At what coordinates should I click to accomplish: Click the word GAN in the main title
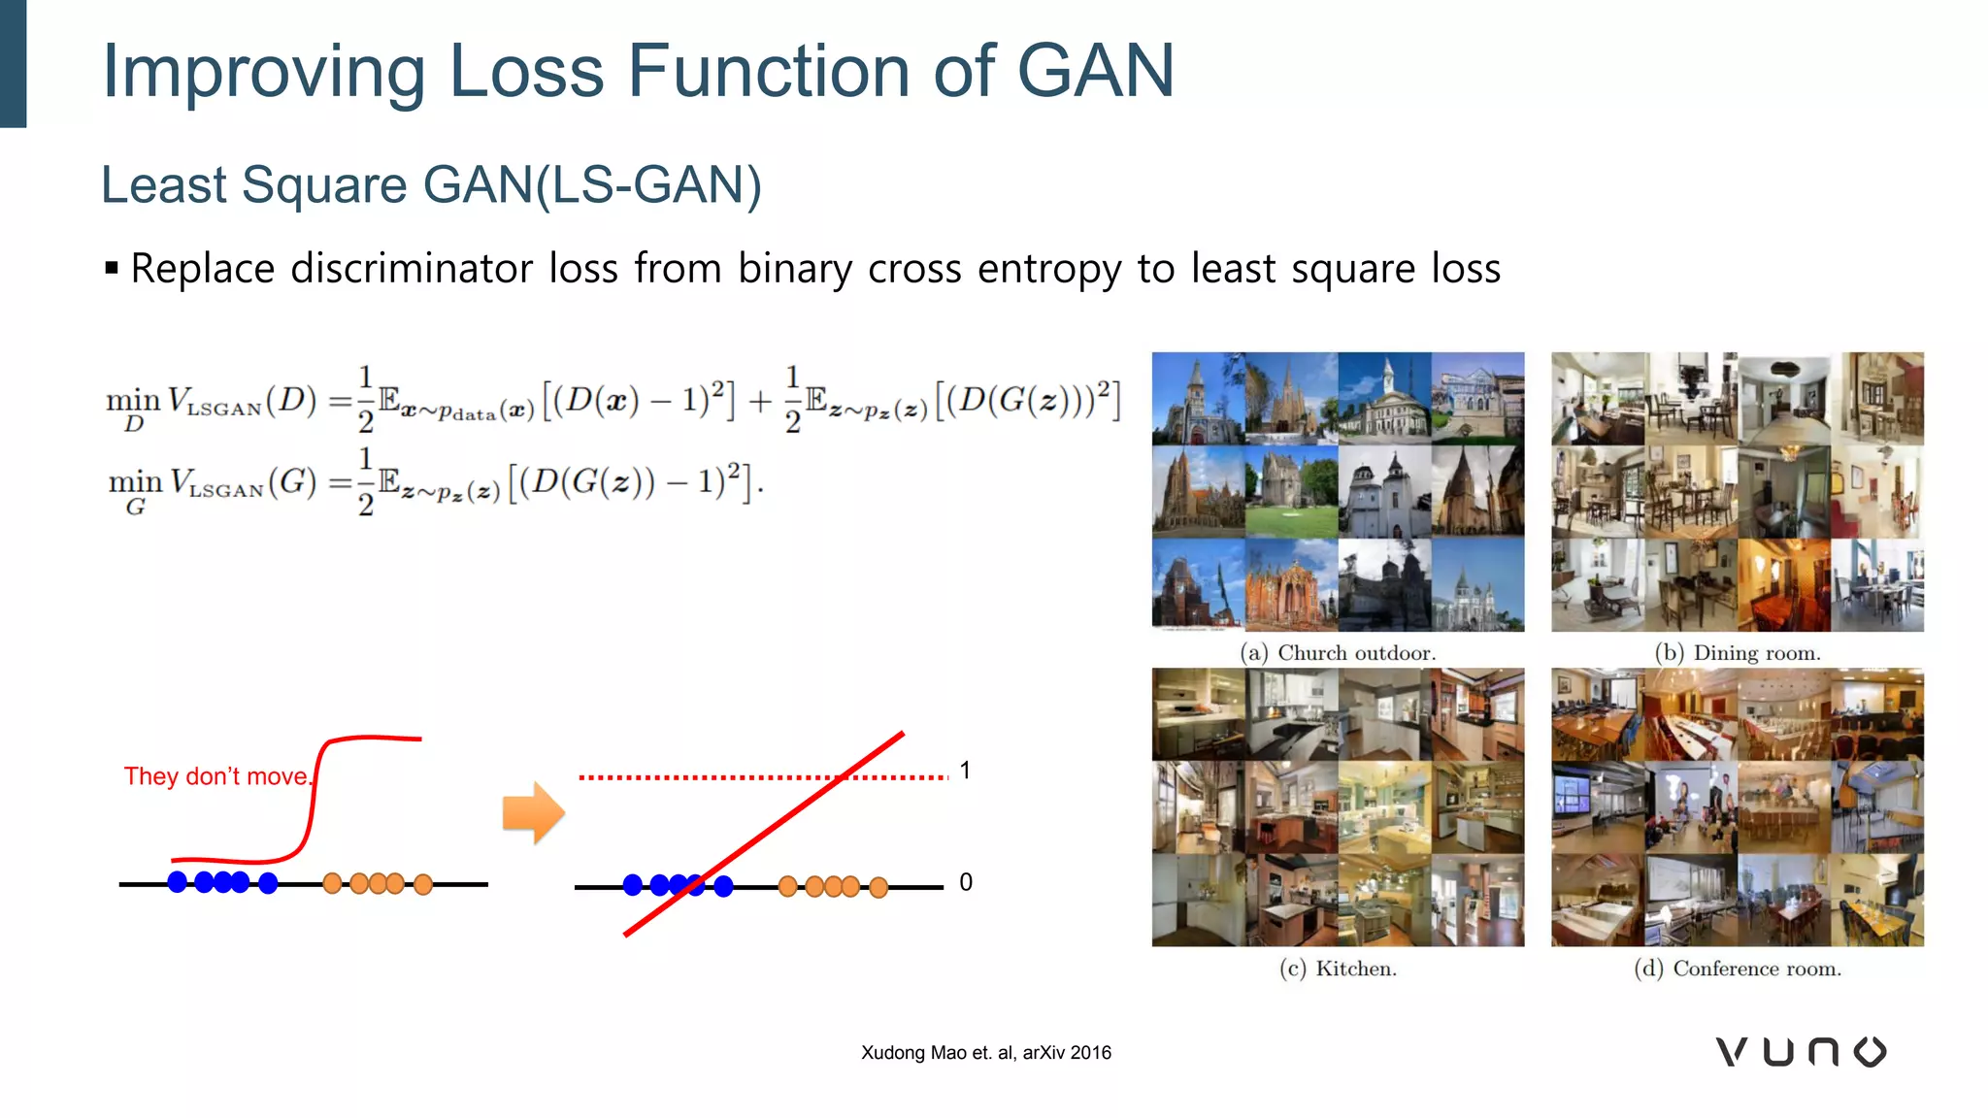pos(1095,71)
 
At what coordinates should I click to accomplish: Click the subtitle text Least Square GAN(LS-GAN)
pos(431,184)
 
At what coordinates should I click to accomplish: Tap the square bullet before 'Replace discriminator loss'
pos(112,268)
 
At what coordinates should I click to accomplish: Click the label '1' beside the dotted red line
pos(965,771)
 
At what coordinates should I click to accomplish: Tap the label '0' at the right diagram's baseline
pos(966,882)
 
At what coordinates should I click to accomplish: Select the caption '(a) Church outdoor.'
pos(1338,653)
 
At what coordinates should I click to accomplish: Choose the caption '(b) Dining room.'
pos(1738,653)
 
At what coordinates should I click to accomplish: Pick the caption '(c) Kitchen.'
pos(1338,969)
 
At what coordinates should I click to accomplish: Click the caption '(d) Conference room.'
pos(1738,969)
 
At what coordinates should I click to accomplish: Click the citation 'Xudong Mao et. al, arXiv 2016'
pos(986,1053)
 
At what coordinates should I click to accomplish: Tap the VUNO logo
pos(1801,1052)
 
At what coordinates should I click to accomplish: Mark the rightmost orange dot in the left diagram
pos(423,884)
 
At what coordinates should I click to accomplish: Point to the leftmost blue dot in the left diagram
pos(178,882)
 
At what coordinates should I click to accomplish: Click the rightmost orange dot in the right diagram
pos(878,887)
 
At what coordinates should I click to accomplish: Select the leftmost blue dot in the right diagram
pos(633,885)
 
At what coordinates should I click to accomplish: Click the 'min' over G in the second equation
pos(135,481)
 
